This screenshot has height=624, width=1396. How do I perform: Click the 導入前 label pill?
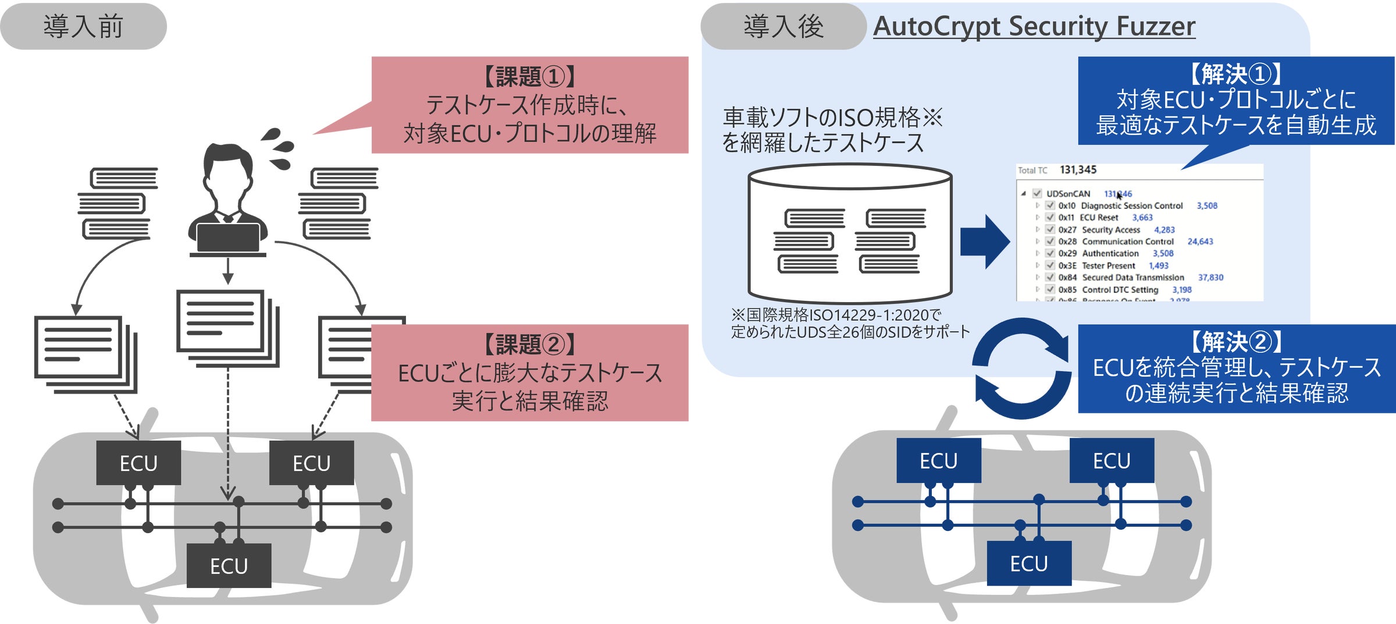click(x=83, y=27)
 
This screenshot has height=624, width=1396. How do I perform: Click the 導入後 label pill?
click(x=783, y=27)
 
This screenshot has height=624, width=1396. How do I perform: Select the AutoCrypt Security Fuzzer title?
click(x=1034, y=27)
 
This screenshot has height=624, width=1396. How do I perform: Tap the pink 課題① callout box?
click(x=529, y=105)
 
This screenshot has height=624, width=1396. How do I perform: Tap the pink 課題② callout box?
click(x=529, y=373)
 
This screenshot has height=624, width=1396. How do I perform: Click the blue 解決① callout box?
click(x=1235, y=101)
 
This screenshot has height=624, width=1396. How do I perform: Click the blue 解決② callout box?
click(x=1236, y=368)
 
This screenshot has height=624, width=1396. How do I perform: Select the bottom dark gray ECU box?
click(x=229, y=565)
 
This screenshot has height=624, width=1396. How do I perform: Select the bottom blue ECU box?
click(x=1029, y=563)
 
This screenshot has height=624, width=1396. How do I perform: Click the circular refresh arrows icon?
click(x=1022, y=368)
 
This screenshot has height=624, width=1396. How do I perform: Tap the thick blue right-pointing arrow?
click(x=984, y=242)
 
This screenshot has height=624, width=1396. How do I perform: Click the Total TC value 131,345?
click(x=1078, y=170)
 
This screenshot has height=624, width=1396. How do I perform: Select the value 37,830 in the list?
click(x=1210, y=278)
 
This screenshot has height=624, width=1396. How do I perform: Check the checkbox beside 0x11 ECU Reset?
click(x=1050, y=217)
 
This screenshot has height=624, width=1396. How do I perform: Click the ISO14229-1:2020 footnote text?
click(x=849, y=324)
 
